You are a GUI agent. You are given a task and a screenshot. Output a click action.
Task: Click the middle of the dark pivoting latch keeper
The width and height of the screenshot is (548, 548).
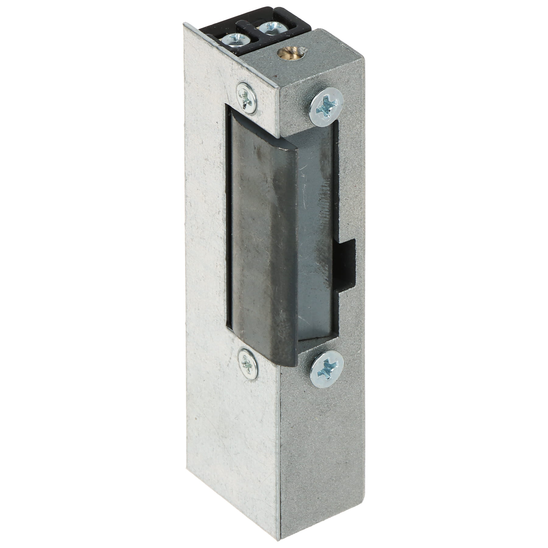click(262, 244)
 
